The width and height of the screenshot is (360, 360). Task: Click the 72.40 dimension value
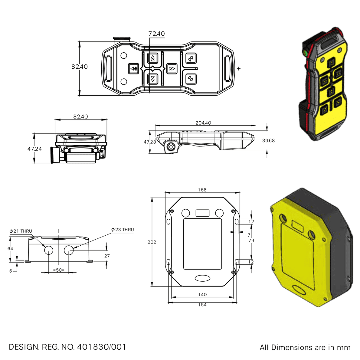(157, 34)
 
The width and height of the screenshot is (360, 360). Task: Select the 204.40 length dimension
(203, 123)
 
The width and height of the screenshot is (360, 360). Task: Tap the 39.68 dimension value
(268, 140)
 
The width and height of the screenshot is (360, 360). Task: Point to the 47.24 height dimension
(34, 149)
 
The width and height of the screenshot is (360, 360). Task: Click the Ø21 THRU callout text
(21, 231)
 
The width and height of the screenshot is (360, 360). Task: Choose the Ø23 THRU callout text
(123, 230)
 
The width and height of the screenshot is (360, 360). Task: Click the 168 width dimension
(202, 190)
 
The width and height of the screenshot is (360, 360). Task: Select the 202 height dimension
(152, 242)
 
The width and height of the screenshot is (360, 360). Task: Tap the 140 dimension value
(202, 295)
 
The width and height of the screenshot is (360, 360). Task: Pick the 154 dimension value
(202, 305)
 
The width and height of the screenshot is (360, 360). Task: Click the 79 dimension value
(251, 241)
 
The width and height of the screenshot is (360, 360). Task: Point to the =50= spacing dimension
(59, 270)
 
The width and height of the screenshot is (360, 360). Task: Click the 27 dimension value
(107, 256)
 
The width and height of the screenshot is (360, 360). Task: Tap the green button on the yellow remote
(306, 53)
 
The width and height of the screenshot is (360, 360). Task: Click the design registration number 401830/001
(101, 347)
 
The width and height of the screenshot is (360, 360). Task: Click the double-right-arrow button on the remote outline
(172, 69)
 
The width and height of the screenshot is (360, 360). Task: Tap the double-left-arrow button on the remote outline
(133, 69)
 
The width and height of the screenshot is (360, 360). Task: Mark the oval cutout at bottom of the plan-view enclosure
(202, 278)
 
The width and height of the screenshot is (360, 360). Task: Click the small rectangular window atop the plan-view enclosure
(202, 213)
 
